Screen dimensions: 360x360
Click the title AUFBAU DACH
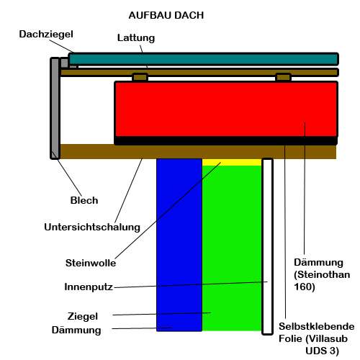coord(166,15)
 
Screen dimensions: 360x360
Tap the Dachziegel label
coord(46,35)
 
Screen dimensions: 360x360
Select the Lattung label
coord(136,38)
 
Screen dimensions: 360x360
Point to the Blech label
coord(84,200)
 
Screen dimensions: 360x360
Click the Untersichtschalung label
coord(92,227)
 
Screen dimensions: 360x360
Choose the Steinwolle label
coord(91,263)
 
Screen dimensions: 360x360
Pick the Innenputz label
coord(89,287)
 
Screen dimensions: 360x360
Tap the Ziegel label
coord(83,316)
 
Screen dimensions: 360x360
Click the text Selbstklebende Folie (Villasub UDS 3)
coord(316,338)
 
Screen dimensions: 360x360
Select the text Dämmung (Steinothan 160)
coord(322,275)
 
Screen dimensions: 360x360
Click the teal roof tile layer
coord(203,59)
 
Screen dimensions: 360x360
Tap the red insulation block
coord(226,109)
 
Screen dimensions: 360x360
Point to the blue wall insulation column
coord(179,245)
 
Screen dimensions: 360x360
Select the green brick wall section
coord(232,248)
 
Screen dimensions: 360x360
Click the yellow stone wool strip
coord(232,162)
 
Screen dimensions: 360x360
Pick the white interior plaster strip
coord(267,246)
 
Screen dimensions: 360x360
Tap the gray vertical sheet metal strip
coord(55,108)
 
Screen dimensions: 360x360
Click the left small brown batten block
coord(140,78)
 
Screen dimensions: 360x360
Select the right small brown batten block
coord(283,78)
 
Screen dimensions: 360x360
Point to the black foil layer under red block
coord(226,141)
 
